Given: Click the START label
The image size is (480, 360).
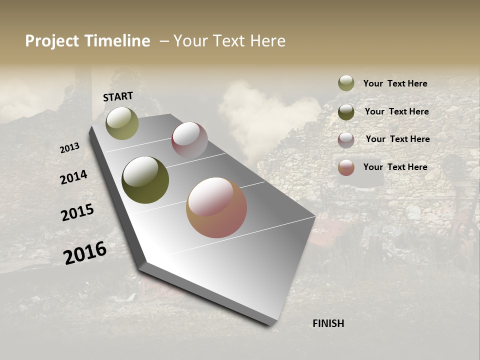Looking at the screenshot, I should (118, 96).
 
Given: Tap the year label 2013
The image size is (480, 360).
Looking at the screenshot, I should (69, 148).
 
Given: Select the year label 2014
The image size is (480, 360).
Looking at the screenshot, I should (73, 177).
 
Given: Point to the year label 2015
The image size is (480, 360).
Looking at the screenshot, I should (77, 212).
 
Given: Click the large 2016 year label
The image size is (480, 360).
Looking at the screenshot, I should (85, 253).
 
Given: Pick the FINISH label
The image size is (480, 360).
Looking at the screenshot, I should (328, 323).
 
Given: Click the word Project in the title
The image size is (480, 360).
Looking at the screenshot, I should (51, 41).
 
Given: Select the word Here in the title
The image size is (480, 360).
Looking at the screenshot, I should (268, 41).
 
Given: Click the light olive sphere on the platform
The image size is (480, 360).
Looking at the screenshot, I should (122, 123).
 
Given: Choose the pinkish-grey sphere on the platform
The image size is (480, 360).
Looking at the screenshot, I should (189, 140).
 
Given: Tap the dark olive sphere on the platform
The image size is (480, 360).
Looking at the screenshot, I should (145, 180).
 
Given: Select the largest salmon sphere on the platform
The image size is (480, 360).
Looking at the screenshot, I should (216, 207).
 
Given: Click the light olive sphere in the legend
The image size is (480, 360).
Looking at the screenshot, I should (346, 83).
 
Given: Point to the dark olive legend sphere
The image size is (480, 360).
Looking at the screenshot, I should (346, 112).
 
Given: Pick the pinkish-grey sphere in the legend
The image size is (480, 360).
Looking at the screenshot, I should (346, 139).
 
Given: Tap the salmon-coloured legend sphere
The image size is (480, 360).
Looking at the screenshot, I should (346, 167).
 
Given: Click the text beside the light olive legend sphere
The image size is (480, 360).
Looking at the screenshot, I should (395, 83).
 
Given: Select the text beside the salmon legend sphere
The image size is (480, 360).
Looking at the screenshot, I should (395, 167).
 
